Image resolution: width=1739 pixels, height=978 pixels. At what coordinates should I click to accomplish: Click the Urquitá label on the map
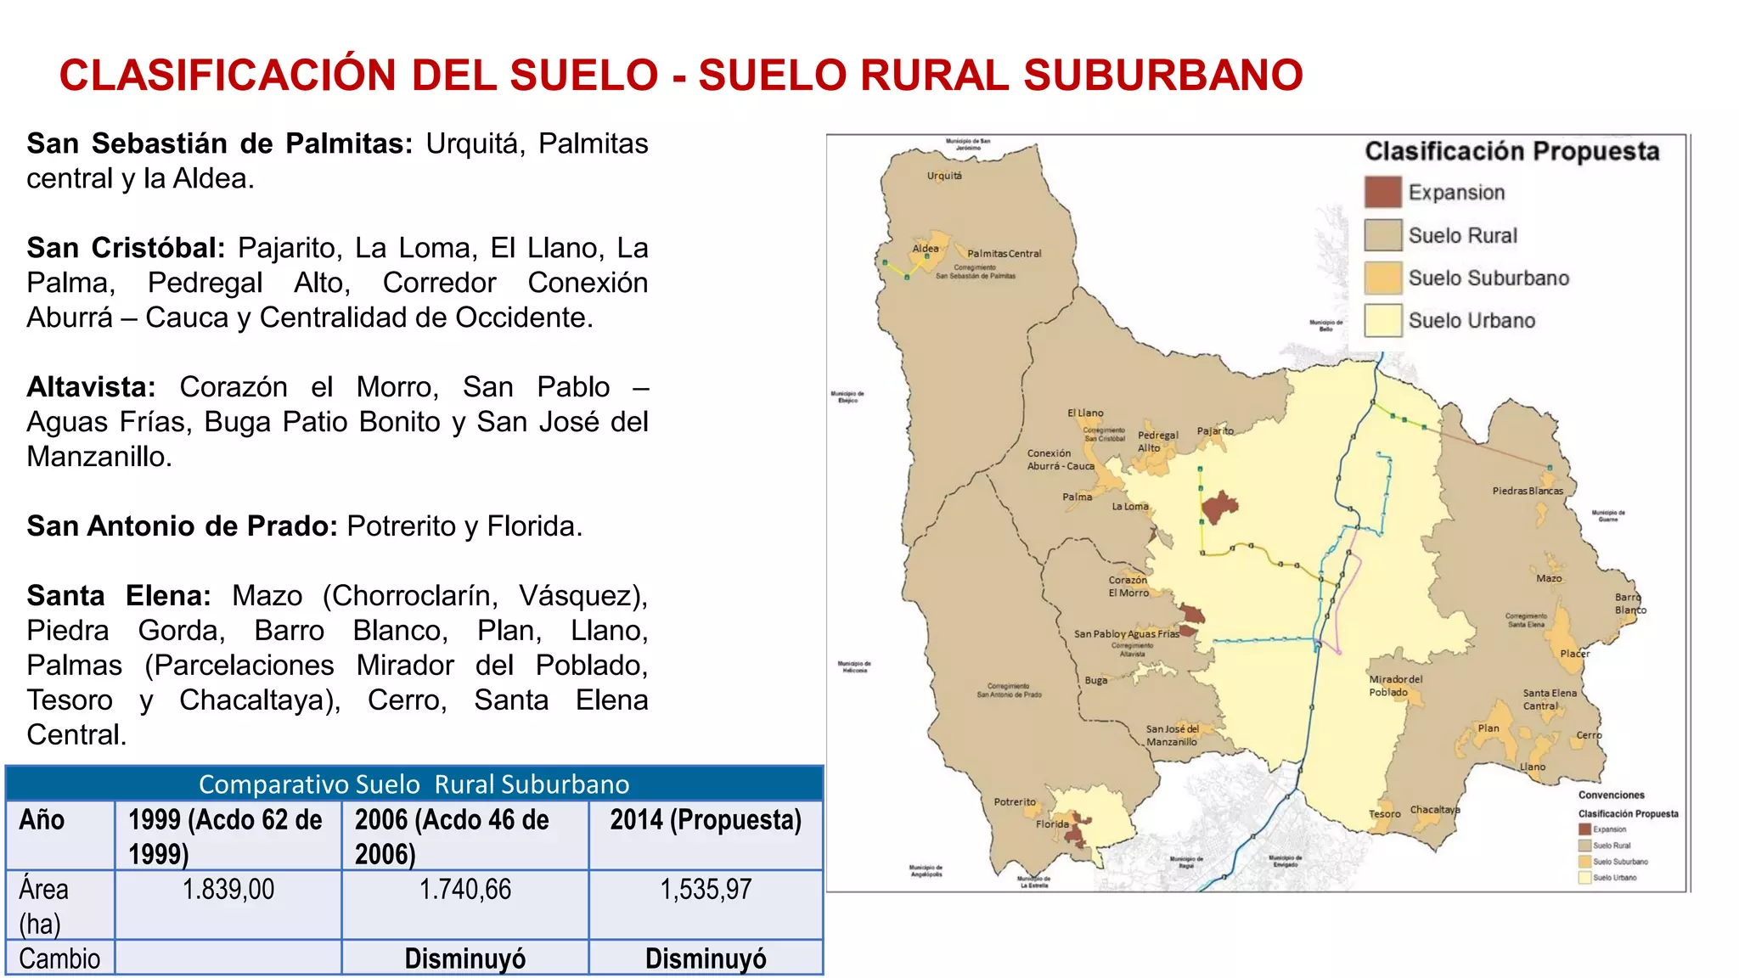(x=944, y=176)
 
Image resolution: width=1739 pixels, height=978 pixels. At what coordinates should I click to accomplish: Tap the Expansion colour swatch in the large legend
(x=1382, y=193)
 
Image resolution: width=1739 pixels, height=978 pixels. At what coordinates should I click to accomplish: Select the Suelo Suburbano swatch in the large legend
(x=1382, y=278)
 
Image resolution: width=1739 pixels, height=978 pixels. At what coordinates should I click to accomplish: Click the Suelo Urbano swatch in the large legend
(x=1382, y=320)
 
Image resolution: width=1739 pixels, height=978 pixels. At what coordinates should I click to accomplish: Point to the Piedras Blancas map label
(x=1528, y=491)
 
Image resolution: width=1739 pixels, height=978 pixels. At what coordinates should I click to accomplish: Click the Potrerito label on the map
(x=1015, y=801)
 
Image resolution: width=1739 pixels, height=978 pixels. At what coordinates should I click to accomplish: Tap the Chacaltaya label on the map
(x=1435, y=809)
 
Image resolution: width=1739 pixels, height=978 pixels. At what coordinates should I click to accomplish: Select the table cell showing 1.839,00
(x=228, y=890)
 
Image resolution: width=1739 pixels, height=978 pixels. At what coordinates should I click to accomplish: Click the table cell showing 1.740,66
(x=465, y=890)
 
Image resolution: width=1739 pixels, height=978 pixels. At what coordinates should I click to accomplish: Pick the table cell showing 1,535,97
(x=706, y=890)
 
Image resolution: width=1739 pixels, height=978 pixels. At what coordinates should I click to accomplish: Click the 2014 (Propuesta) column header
(x=706, y=820)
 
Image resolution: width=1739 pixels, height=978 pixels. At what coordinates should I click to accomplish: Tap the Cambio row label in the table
(x=59, y=958)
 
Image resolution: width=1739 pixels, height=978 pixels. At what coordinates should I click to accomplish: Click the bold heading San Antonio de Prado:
(x=183, y=526)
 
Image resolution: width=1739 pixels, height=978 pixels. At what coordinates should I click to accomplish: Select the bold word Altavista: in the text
(x=91, y=387)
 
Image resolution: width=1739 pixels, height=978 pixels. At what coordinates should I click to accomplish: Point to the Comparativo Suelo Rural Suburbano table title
(x=414, y=784)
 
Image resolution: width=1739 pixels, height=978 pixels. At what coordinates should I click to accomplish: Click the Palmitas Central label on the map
(x=1004, y=253)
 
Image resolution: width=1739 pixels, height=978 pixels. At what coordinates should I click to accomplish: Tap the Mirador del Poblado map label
(x=1394, y=685)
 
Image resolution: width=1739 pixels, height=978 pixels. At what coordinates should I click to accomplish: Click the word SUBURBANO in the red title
(x=1162, y=75)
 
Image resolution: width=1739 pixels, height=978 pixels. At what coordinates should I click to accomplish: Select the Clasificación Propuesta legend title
(x=1511, y=151)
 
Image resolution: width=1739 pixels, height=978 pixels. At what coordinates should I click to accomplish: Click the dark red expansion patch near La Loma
(x=1220, y=507)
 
